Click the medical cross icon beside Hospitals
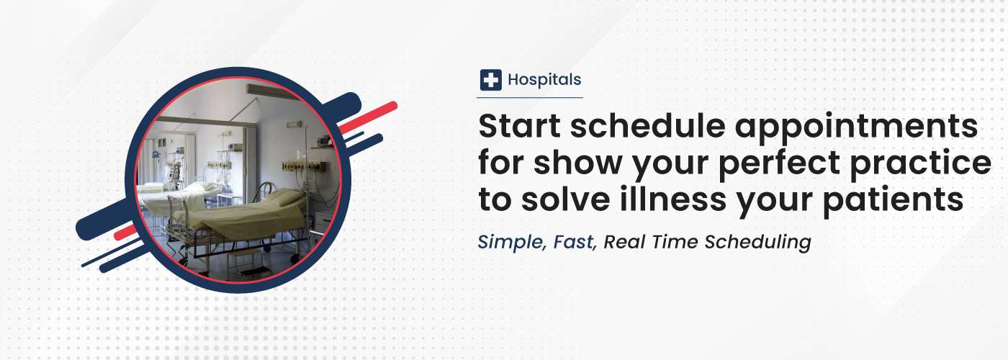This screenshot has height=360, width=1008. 490,80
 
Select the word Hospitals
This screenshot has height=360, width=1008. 544,80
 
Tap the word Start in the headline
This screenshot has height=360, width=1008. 520,126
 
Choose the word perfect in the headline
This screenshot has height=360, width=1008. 779,165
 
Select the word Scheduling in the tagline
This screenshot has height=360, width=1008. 757,243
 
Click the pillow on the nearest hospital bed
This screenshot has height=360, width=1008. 285,197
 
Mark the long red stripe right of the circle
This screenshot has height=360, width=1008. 367,117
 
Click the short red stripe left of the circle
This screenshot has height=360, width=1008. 126,232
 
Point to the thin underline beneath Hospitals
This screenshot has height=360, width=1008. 530,97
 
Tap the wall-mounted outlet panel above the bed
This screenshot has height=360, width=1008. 304,167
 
